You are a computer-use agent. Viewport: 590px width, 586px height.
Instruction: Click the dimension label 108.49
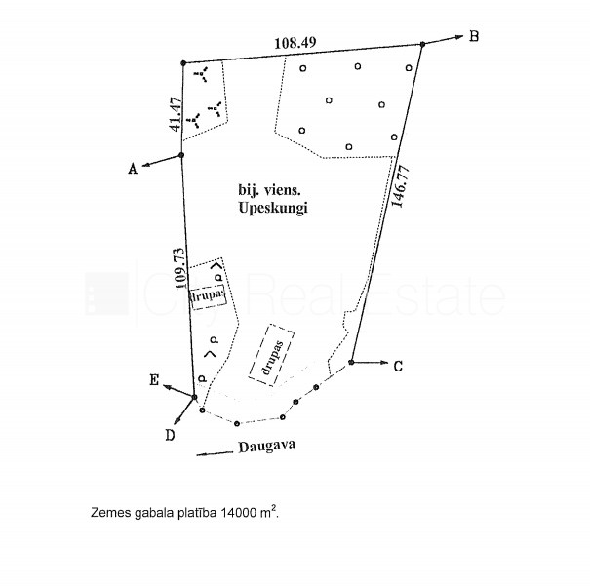click(295, 43)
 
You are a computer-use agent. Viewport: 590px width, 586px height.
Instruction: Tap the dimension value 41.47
click(176, 114)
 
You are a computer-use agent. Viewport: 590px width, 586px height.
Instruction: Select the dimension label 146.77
click(401, 186)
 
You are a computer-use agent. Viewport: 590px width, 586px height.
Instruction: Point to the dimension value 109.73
click(180, 268)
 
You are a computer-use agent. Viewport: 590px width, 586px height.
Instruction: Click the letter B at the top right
click(474, 36)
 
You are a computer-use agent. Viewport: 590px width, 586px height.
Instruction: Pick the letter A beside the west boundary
click(133, 169)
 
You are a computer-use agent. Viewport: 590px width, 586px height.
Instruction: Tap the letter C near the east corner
click(398, 366)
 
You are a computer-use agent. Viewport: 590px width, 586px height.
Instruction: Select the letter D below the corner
click(170, 435)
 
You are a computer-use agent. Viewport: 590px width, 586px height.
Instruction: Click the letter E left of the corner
click(154, 380)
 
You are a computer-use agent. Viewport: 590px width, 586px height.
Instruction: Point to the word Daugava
click(267, 447)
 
